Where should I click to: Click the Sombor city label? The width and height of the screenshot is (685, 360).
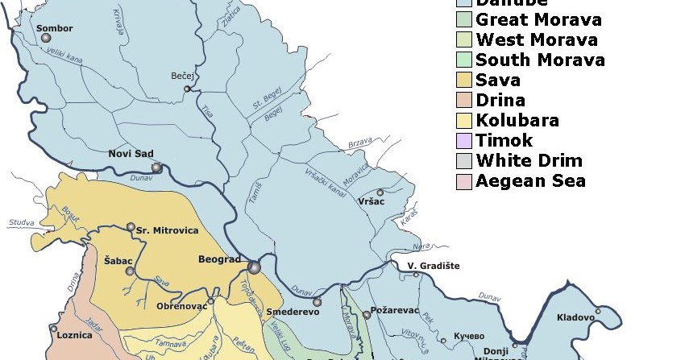[x=55, y=28]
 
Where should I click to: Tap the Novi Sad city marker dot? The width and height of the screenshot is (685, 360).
[x=157, y=168]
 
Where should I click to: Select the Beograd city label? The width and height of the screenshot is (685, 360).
[x=219, y=259]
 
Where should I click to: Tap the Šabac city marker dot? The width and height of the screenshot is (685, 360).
[x=130, y=271]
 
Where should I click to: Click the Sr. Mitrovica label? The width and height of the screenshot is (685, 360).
[x=167, y=230]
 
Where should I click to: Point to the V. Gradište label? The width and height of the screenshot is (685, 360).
[x=433, y=266]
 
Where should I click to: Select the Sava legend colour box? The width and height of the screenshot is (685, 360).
[x=463, y=81]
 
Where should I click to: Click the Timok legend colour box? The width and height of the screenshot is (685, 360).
[x=463, y=141]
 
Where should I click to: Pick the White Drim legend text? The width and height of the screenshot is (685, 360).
[x=529, y=161]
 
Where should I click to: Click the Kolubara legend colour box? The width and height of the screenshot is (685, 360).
[x=463, y=121]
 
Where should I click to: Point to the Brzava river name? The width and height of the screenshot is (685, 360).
[x=359, y=143]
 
